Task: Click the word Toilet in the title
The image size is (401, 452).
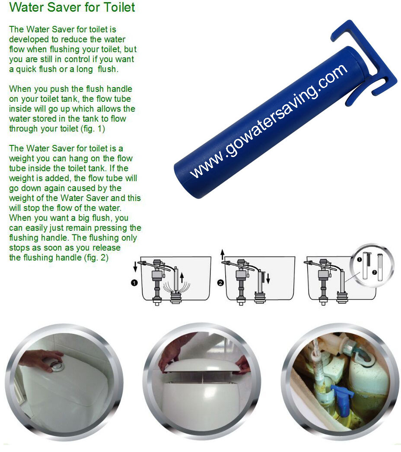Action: click(117, 7)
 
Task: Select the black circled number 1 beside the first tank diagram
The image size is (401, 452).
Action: click(134, 283)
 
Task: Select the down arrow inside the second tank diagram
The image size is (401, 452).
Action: click(268, 279)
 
